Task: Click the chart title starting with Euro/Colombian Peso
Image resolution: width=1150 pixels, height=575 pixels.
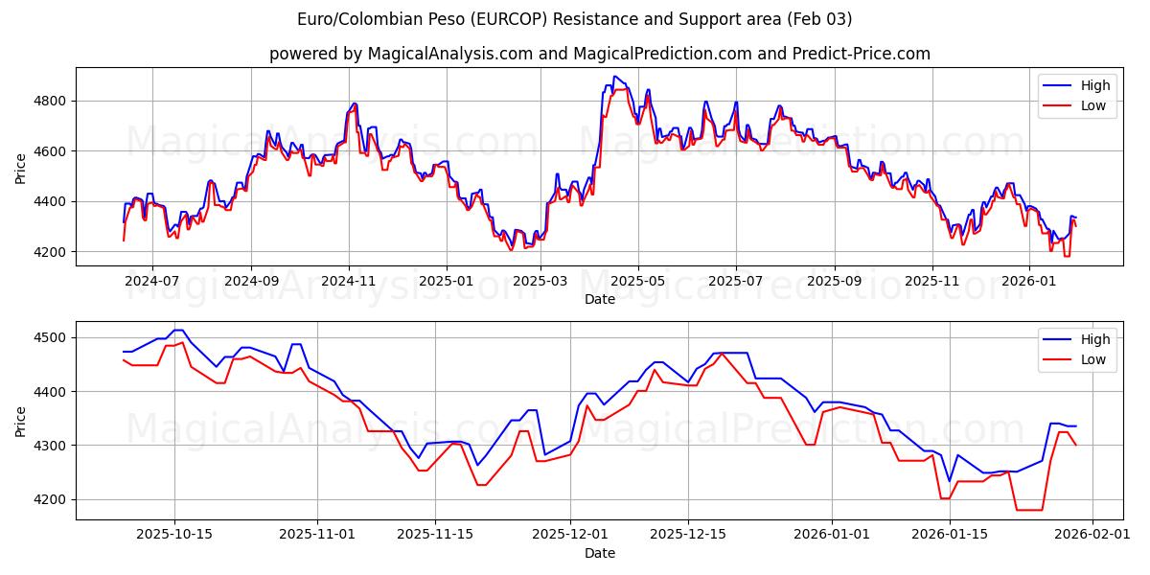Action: click(x=574, y=19)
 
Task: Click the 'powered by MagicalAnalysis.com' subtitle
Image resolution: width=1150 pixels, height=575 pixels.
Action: click(x=599, y=54)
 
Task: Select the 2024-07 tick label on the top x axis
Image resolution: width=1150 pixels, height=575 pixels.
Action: click(x=152, y=281)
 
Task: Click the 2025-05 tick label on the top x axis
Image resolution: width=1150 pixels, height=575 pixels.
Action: click(x=637, y=281)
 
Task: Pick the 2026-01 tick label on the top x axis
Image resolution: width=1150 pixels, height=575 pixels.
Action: click(x=1029, y=281)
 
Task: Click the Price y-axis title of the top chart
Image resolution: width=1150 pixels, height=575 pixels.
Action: click(x=20, y=169)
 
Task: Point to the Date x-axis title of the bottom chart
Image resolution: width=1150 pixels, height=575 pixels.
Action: click(x=599, y=553)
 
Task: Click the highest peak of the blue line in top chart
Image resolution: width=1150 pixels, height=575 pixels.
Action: click(x=613, y=77)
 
